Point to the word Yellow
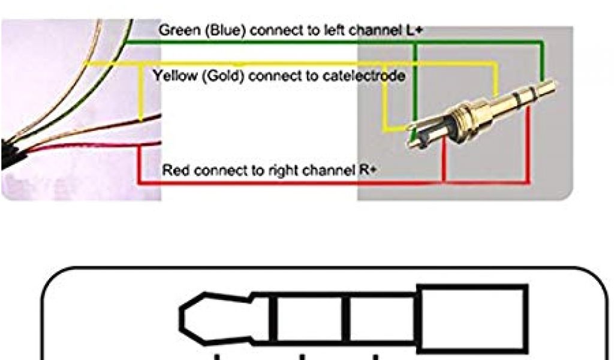tap(171, 76)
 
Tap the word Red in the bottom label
tap(174, 170)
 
